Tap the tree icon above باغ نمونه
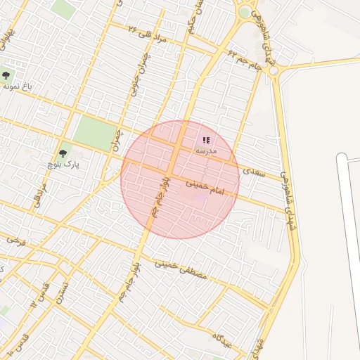6,75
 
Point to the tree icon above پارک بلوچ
63,153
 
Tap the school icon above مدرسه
206,140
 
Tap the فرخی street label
15,240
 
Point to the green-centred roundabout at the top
244,12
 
